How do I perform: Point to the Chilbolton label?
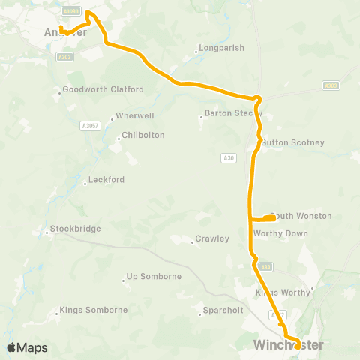pyautogui.click(x=145, y=136)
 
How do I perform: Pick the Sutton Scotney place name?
pyautogui.click(x=295, y=142)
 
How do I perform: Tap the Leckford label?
pyautogui.click(x=106, y=180)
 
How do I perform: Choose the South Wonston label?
pyautogui.click(x=301, y=217)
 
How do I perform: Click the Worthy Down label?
pyautogui.click(x=281, y=233)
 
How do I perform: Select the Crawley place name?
pyautogui.click(x=211, y=239)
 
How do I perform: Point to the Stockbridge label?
pyautogui.click(x=75, y=229)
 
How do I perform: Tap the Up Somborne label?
pyautogui.click(x=154, y=277)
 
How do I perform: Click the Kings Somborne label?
pyautogui.click(x=94, y=310)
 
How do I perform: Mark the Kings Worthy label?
pyautogui.click(x=283, y=292)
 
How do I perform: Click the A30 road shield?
pyautogui.click(x=229, y=157)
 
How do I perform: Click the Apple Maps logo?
pyautogui.click(x=27, y=347)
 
